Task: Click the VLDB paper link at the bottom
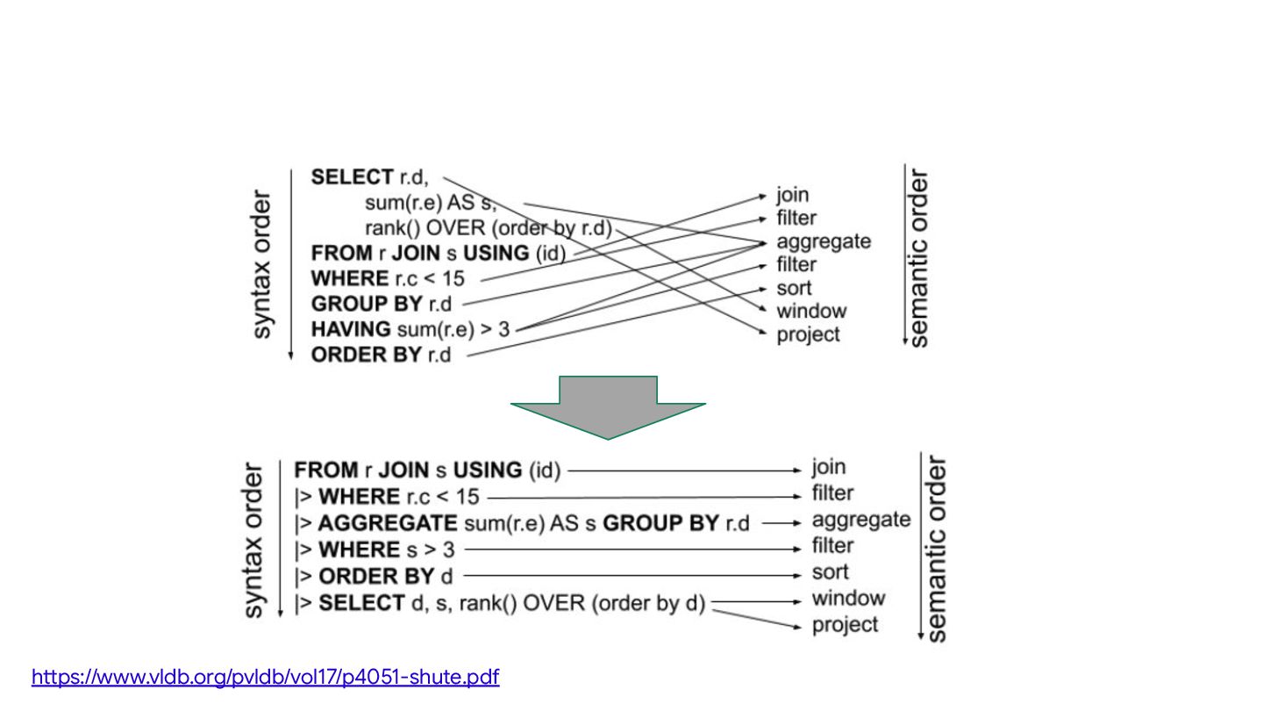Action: pos(265,678)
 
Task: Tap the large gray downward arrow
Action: pos(608,406)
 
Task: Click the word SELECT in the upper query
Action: pos(352,177)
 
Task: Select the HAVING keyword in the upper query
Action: pos(351,329)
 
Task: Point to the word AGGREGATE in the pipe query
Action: pos(388,524)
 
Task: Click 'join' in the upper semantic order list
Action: pos(792,195)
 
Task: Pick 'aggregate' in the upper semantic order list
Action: pos(824,241)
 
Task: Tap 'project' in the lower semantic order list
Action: pos(845,625)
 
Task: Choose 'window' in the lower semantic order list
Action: pos(848,599)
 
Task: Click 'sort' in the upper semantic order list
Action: pos(794,288)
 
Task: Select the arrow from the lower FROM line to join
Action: pos(684,471)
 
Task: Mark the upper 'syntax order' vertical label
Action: pos(262,264)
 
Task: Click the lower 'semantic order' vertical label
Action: pos(936,548)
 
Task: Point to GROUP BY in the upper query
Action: pos(368,304)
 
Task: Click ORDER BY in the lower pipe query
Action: pos(376,577)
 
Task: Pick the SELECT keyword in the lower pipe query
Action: pos(360,604)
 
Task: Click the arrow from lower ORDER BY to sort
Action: pos(636,576)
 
